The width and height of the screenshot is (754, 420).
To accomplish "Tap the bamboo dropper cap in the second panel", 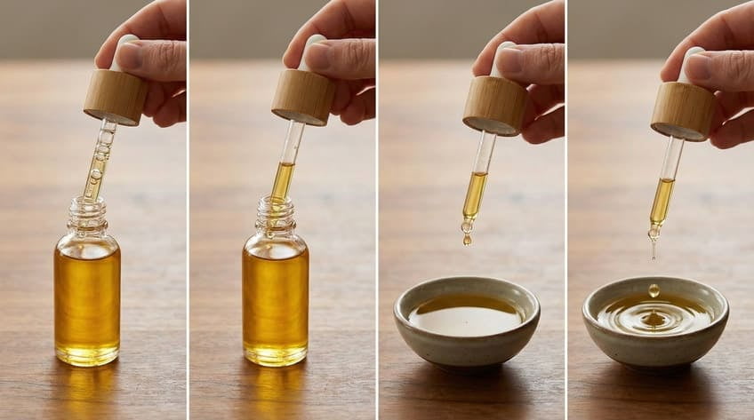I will tap(303, 96).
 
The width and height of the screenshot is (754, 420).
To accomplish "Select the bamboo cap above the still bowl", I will tap(494, 105).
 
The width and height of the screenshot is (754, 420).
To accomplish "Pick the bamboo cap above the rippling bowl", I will tap(682, 110).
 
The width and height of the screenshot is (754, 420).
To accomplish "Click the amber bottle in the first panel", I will tap(86, 297).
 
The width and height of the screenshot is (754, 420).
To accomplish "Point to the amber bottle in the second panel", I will tap(275, 297).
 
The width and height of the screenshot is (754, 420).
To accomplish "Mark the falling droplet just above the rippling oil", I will tap(654, 289).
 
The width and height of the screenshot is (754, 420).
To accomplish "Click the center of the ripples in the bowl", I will tap(654, 317).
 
